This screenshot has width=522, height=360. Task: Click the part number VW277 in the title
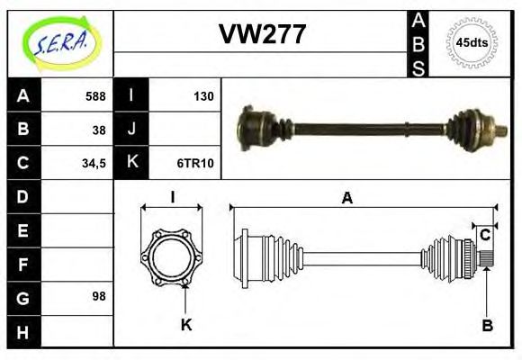tap(262, 34)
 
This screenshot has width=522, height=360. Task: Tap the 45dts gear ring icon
tap(472, 42)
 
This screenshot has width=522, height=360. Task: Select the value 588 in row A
tap(95, 95)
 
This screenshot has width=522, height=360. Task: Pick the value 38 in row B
tap(99, 129)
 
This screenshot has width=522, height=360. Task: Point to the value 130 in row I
tap(202, 95)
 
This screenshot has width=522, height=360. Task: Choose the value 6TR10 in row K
tap(194, 163)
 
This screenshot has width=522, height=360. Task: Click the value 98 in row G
tap(98, 296)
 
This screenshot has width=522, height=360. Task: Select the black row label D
tap(23, 196)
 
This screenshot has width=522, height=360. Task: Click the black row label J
tap(131, 129)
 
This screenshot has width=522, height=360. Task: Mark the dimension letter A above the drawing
tap(346, 199)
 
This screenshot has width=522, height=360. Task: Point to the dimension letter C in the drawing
tap(485, 235)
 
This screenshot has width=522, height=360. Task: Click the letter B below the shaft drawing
tap(486, 325)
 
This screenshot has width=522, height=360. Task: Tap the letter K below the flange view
tap(186, 325)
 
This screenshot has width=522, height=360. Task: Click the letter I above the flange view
tap(171, 197)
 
